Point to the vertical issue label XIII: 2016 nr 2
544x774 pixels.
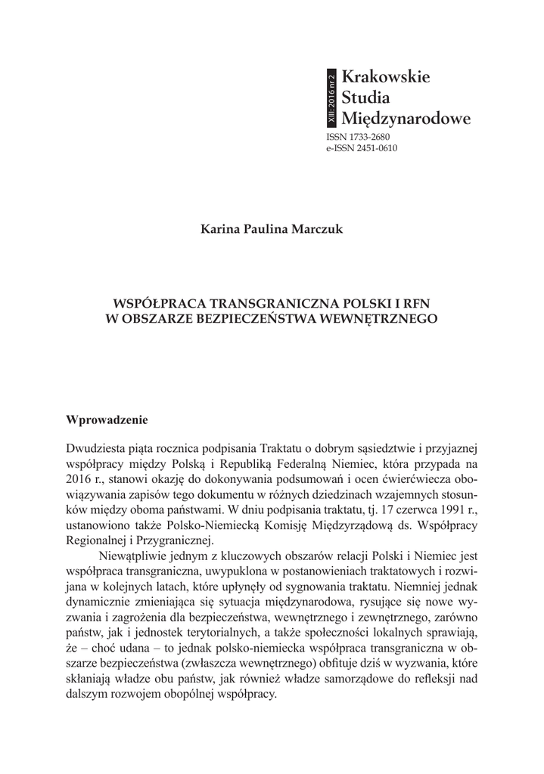pyautogui.click(x=331, y=98)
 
